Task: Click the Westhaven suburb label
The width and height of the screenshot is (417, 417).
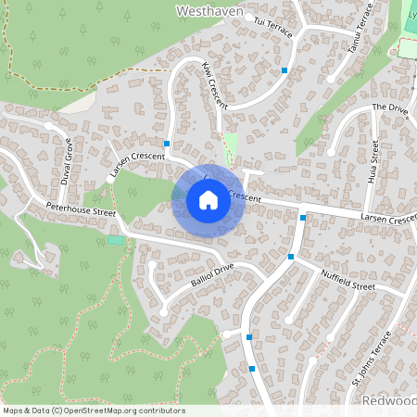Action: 208,11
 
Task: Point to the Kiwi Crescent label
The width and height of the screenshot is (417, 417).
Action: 214,84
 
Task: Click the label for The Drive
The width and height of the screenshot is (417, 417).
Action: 389,108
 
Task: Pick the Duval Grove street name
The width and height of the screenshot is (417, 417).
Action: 67,162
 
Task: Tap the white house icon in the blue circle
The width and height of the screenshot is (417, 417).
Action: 208,200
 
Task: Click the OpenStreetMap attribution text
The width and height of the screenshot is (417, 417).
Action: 93,411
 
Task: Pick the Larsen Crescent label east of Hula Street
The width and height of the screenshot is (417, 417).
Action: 387,218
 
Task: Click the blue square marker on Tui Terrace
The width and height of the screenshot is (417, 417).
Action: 284,70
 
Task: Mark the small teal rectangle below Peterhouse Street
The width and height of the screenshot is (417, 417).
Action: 115,240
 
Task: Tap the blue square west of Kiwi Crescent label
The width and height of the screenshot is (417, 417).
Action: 167,144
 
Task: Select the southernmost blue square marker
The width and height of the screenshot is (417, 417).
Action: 252,369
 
